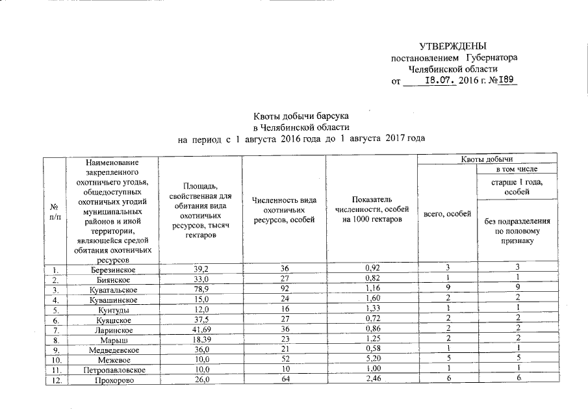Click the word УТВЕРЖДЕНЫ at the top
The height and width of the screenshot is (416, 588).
point(453,46)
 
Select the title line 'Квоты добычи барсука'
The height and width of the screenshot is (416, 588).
point(301,116)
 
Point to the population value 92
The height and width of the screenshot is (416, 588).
point(283,289)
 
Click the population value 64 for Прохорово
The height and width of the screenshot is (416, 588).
point(283,380)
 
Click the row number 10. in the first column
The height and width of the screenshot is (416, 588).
point(55,359)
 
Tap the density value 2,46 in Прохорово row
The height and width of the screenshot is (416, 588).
point(371,380)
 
